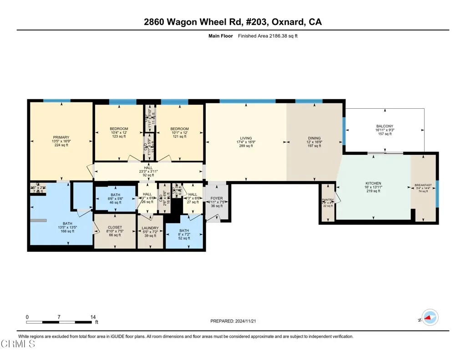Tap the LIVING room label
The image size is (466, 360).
(246, 138)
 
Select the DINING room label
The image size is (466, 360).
(314, 138)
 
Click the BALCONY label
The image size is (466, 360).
(385, 126)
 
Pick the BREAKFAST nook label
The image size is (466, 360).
(423, 186)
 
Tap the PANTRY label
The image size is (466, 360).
(328, 200)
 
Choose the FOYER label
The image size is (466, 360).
(217, 198)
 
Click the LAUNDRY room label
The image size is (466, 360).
(150, 228)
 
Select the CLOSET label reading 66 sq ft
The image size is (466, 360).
(115, 227)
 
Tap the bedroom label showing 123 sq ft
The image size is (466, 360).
(119, 129)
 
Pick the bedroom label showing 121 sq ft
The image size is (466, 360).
(179, 129)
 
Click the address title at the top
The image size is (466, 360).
(233, 21)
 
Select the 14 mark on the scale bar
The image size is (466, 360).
(93, 317)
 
